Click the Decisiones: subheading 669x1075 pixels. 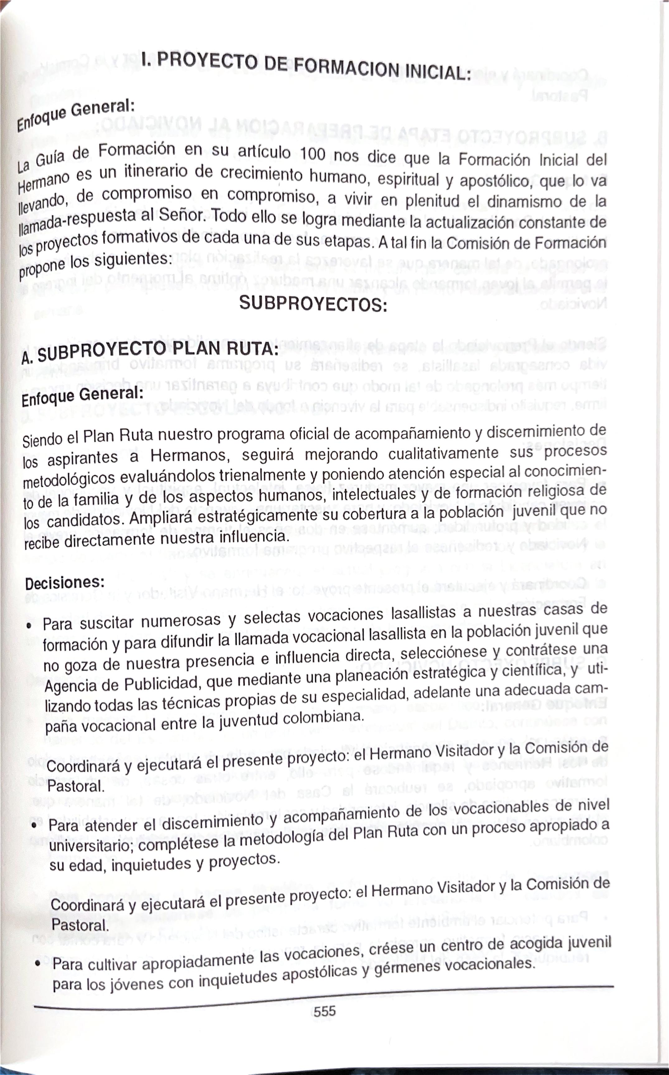coord(65,583)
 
